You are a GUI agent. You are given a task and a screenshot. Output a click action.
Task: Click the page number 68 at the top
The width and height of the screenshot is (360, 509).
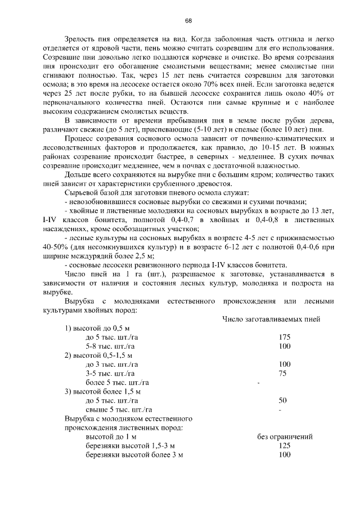click(x=188, y=21)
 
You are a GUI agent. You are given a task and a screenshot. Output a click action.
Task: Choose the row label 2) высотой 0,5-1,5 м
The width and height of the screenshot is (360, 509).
click(x=99, y=355)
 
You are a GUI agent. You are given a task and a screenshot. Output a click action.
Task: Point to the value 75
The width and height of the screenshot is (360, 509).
click(x=282, y=373)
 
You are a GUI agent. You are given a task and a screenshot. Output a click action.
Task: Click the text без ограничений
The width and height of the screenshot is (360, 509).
click(x=285, y=436)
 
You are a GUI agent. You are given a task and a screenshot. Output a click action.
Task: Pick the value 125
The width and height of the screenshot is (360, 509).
click(x=285, y=445)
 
